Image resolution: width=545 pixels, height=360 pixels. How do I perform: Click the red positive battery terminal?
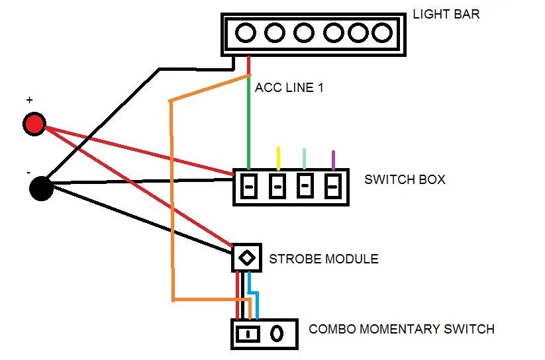tap(34, 124)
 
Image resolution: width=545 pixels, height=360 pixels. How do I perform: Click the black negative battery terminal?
tap(41, 189)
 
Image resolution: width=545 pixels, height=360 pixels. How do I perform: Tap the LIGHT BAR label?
tap(446, 15)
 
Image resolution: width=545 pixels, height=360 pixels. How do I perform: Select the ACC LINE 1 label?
tap(289, 87)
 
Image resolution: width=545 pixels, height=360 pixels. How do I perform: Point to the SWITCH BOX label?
tap(405, 179)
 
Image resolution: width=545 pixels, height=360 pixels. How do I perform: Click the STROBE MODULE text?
tap(324, 259)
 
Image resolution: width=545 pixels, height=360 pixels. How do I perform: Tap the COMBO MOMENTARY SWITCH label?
tap(401, 329)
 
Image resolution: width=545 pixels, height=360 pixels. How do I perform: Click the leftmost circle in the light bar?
tap(246, 32)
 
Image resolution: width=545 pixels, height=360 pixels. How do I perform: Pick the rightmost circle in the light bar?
tap(382, 32)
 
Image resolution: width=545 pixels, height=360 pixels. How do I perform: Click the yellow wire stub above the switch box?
tap(278, 158)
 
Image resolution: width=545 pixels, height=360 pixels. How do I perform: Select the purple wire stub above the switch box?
tap(333, 160)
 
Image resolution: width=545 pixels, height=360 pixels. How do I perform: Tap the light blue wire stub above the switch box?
tap(304, 159)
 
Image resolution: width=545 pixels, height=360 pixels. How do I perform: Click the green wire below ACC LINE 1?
tap(248, 122)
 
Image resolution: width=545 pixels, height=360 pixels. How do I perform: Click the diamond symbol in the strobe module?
tap(247, 258)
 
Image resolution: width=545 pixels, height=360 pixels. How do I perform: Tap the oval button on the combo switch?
tap(277, 334)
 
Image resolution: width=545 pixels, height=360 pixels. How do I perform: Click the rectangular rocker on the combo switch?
tap(248, 334)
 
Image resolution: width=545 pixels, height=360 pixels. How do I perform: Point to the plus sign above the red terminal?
tap(30, 100)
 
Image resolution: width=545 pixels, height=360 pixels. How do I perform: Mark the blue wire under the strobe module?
tap(253, 295)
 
